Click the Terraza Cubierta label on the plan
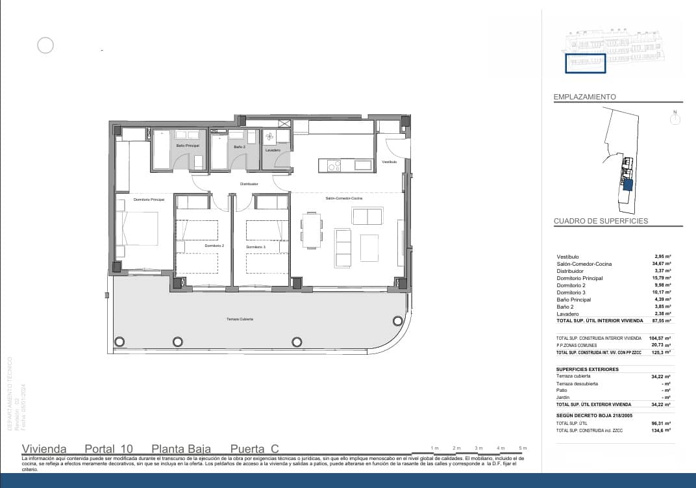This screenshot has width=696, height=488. (x=240, y=319)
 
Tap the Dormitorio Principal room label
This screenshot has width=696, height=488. (x=149, y=199)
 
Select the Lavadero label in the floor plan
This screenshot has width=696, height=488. (x=273, y=151)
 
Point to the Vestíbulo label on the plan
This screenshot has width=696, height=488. (x=389, y=161)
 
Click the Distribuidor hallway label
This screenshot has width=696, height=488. (x=249, y=184)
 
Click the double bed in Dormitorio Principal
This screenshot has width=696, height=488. (x=138, y=229)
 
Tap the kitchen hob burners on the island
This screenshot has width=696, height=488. (x=334, y=166)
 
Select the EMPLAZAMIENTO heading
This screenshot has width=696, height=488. (x=584, y=97)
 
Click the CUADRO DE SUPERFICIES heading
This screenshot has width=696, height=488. (x=601, y=221)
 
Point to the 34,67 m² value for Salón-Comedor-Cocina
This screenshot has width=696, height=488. (x=662, y=264)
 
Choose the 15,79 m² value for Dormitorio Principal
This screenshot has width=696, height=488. (x=662, y=278)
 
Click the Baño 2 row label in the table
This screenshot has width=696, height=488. (x=565, y=307)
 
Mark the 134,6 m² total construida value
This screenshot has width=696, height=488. (x=662, y=430)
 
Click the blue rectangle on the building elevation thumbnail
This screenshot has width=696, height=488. (x=585, y=63)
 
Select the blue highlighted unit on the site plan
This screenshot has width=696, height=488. (x=627, y=185)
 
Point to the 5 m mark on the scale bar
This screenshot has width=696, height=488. (x=522, y=448)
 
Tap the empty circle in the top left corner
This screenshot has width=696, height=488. (x=45, y=45)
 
